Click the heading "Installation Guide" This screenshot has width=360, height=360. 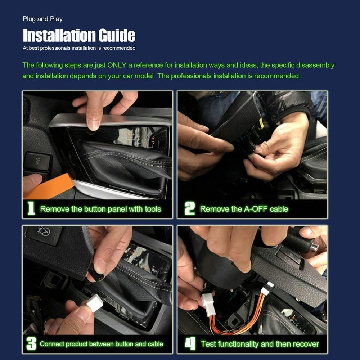click(79, 35)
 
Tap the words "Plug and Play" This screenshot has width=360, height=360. click(42, 19)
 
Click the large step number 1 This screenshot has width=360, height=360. click(31, 209)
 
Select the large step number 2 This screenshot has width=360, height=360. click(189, 209)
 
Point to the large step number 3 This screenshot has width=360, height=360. click(31, 344)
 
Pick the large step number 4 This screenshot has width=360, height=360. click(190, 344)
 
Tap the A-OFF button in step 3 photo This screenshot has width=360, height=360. click(44, 235)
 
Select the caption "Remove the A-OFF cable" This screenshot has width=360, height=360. click(244, 209)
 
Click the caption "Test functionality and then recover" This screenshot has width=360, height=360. click(260, 344)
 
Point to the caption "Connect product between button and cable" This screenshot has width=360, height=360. click(102, 344)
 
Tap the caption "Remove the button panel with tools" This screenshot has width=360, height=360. click(100, 209)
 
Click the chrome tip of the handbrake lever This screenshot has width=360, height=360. click(314, 247)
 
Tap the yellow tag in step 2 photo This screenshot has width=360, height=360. click(261, 123)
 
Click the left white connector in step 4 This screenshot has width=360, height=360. click(208, 303)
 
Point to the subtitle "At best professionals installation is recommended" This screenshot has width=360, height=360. click(79, 48)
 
